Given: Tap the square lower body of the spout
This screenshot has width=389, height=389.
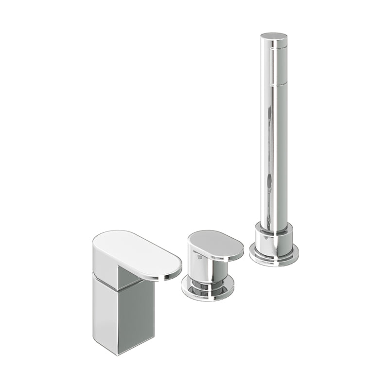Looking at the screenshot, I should click(x=124, y=311).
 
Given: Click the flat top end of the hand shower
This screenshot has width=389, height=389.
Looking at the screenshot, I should click(x=274, y=36).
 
